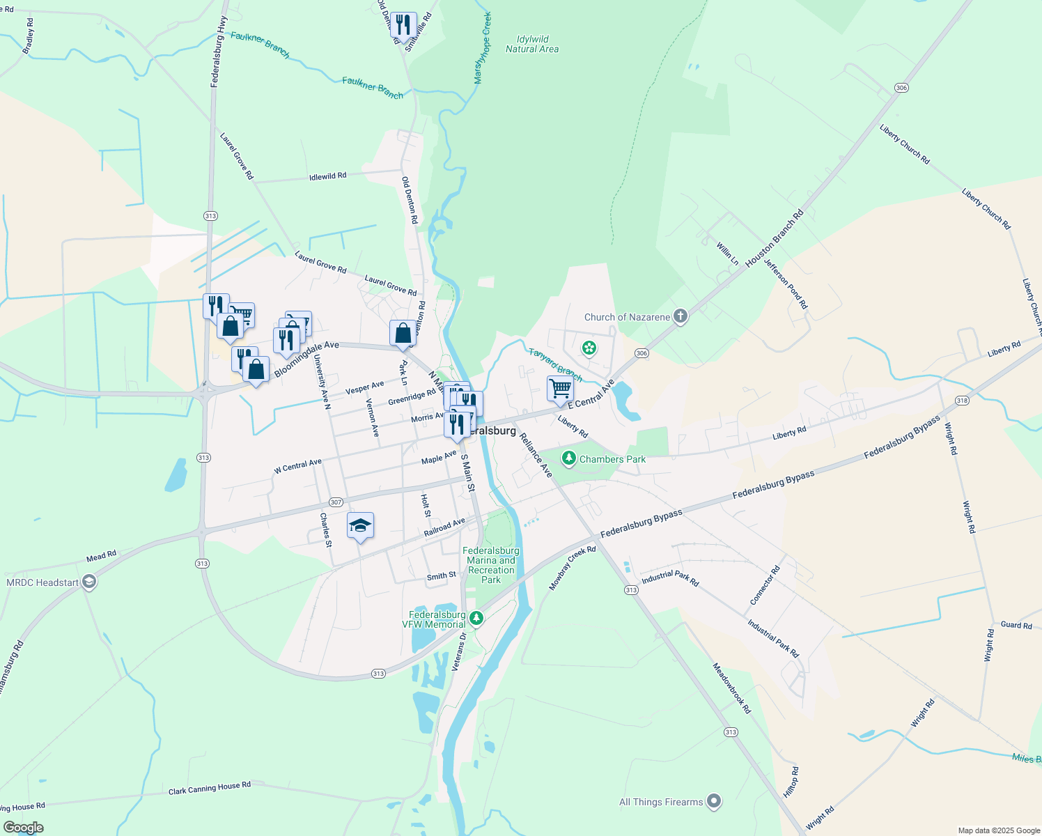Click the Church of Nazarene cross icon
pyautogui.click(x=681, y=317)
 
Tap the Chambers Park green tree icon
pyautogui.click(x=569, y=458)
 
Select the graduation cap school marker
pyautogui.click(x=360, y=526)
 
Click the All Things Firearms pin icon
pyautogui.click(x=714, y=802)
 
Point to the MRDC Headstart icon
pyautogui.click(x=88, y=582)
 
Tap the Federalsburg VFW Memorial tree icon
pyautogui.click(x=476, y=618)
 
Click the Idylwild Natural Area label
pyautogui.click(x=532, y=44)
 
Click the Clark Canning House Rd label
pyautogui.click(x=210, y=789)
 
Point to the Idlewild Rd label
pyautogui.click(x=327, y=177)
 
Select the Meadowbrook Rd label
pyautogui.click(x=731, y=688)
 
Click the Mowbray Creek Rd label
pyautogui.click(x=572, y=568)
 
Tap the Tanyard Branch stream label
pyautogui.click(x=554, y=364)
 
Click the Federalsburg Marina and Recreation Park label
pyautogui.click(x=491, y=565)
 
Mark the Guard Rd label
pyautogui.click(x=1016, y=625)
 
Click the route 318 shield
pyautogui.click(x=962, y=400)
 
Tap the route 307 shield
pyautogui.click(x=336, y=502)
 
